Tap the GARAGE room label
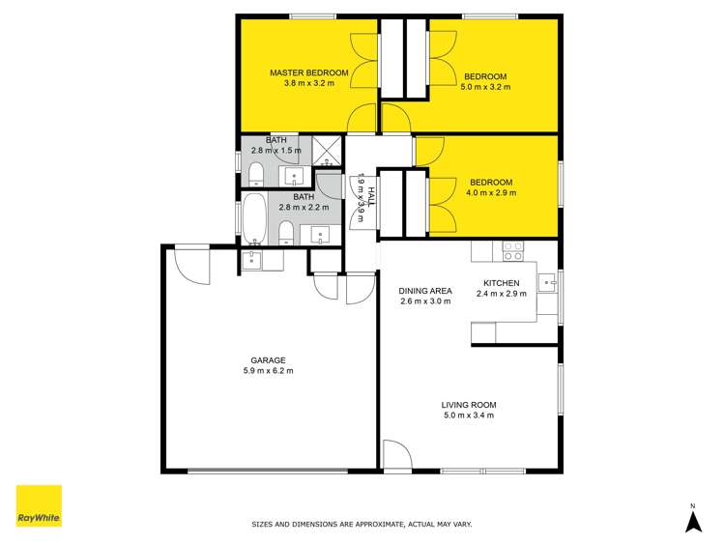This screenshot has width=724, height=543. click(x=269, y=359)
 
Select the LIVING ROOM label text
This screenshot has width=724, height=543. click(x=468, y=405)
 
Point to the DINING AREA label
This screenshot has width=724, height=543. click(x=425, y=290)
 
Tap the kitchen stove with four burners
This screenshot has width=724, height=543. click(x=512, y=251)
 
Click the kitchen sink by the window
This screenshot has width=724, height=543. click(x=548, y=283)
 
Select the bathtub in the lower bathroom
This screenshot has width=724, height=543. click(x=253, y=219)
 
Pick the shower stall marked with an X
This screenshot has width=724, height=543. click(x=329, y=150)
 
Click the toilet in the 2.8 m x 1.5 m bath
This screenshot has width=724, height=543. click(x=256, y=174)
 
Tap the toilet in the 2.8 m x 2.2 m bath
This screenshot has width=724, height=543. click(x=286, y=232)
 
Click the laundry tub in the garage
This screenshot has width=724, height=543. click(x=251, y=258)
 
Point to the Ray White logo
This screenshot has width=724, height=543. click(x=39, y=505)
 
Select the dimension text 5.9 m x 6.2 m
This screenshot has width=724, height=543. click(x=269, y=370)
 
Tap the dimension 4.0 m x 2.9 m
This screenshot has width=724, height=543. click(x=491, y=192)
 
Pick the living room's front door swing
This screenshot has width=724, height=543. click(x=396, y=454)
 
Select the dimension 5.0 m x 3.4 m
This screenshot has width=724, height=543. click(x=468, y=415)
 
